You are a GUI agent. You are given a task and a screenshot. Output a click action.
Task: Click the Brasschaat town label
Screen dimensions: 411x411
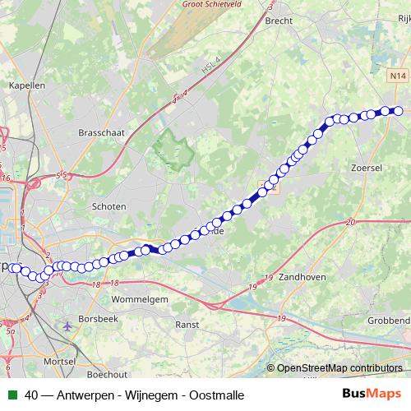pos(100,131)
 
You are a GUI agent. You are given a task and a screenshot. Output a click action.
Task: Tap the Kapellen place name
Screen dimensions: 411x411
pos(25,85)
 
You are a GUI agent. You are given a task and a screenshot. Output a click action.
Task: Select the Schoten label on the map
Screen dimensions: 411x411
pos(109,206)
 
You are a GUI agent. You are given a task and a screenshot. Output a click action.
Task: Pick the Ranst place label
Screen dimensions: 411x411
pos(187,325)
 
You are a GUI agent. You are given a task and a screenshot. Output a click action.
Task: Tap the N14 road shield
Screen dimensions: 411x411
pos(398,76)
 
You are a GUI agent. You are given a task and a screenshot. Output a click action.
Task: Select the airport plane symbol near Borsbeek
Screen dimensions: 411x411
pos(66,326)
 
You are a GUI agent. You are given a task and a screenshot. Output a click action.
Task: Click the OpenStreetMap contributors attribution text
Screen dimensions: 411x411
pos(339,368)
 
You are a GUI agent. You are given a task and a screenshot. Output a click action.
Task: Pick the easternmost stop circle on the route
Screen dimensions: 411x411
pos(398,111)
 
